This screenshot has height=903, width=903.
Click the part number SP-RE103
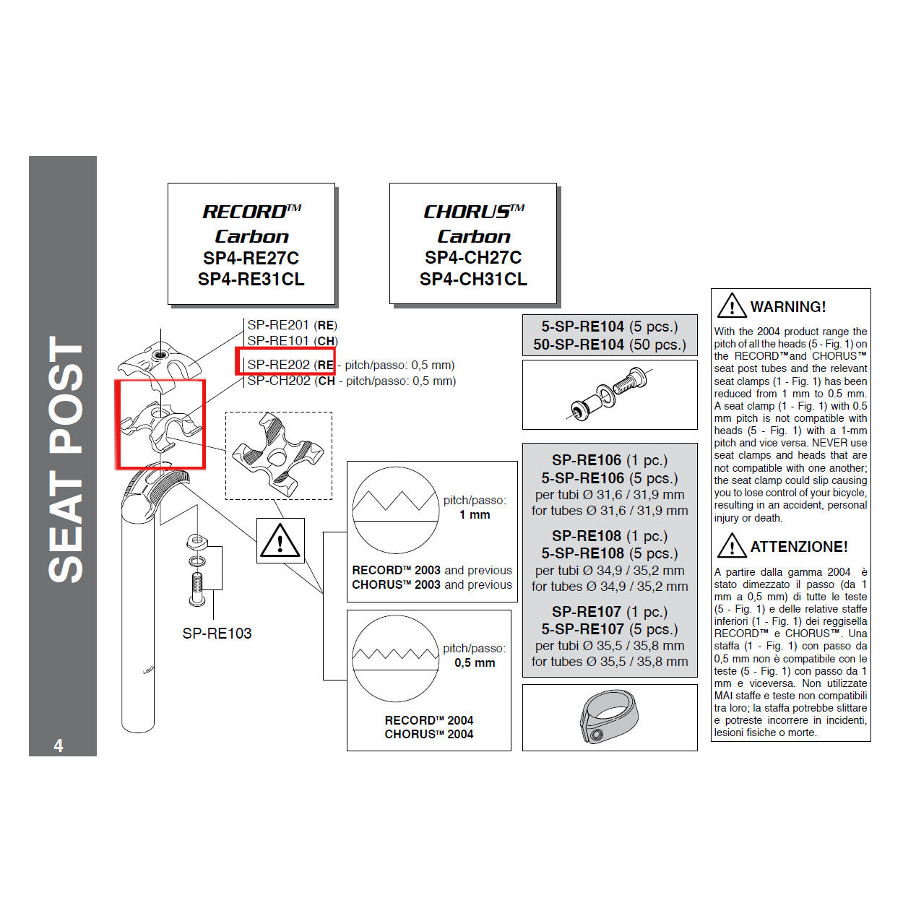(217, 634)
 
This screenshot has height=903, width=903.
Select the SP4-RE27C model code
(251, 258)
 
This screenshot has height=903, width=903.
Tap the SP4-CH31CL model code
(473, 279)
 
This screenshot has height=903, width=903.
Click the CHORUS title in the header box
(473, 212)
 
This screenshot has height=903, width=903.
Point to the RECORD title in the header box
(251, 212)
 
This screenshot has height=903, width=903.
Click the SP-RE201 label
(278, 325)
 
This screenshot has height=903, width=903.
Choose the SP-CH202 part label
(279, 381)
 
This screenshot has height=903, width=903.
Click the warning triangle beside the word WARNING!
(732, 306)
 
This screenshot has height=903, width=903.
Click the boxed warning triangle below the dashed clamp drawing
(280, 540)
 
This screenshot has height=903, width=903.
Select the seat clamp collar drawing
(608, 718)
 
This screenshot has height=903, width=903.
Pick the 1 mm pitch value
(475, 515)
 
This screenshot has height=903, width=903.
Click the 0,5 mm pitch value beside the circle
(475, 663)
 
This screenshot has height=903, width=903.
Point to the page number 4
(59, 746)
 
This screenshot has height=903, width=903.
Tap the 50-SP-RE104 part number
(579, 345)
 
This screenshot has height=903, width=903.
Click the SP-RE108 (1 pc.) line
(609, 536)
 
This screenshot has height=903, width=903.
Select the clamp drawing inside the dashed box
(278, 455)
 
